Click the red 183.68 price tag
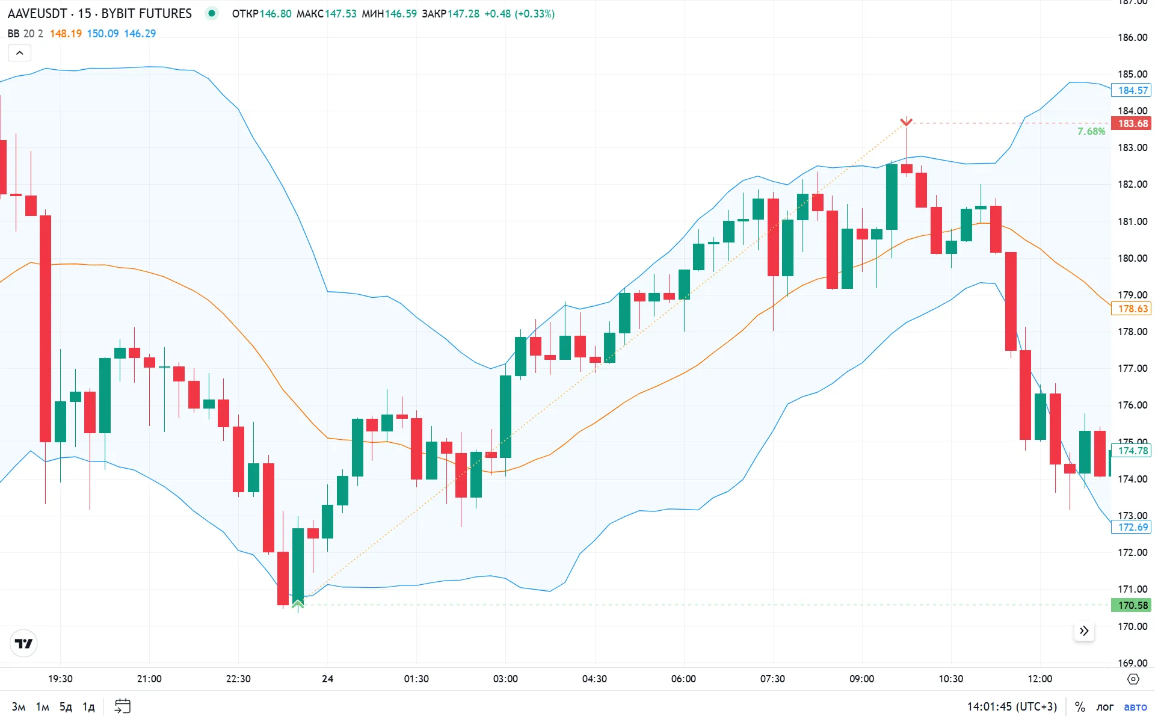[1133, 123]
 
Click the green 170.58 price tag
[1133, 605]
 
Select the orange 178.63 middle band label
[1133, 309]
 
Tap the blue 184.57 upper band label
[1133, 90]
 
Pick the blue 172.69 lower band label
[1133, 527]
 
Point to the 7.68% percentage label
[1091, 131]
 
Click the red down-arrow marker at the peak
[906, 122]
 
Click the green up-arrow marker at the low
[298, 603]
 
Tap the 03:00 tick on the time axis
[505, 679]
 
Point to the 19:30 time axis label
[60, 679]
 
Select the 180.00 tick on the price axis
[1132, 258]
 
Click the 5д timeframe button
[66, 706]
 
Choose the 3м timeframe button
[19, 706]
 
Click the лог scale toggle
[1104, 706]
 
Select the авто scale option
[1135, 706]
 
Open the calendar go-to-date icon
[123, 706]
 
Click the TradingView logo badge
[24, 644]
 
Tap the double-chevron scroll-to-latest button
[1084, 631]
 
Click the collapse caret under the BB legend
[19, 53]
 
